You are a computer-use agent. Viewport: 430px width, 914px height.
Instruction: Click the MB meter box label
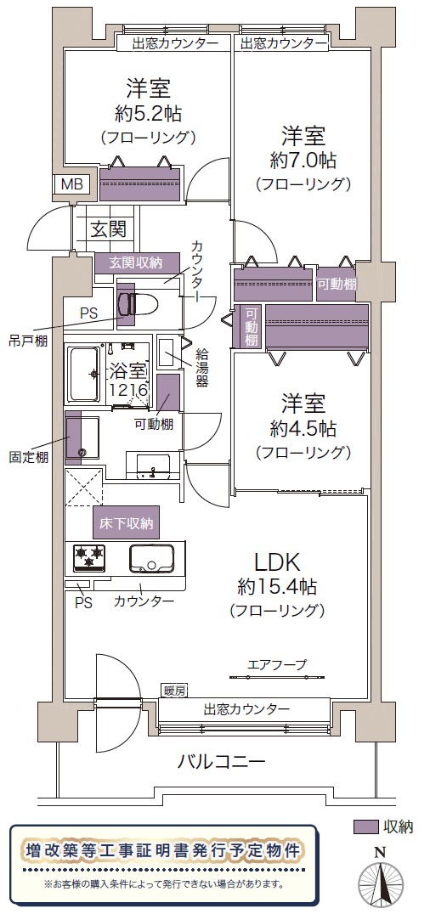(72, 184)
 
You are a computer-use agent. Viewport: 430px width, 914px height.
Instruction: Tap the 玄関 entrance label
(107, 228)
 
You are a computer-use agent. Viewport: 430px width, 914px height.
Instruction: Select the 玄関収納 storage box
(137, 262)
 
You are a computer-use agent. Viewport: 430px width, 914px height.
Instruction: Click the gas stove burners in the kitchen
(88, 556)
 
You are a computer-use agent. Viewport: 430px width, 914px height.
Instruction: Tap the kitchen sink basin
(150, 559)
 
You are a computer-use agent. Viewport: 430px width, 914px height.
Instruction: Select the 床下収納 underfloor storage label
(126, 523)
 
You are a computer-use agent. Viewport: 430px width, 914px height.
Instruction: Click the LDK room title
(276, 563)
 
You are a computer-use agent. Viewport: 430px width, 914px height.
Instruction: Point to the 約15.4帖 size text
(277, 587)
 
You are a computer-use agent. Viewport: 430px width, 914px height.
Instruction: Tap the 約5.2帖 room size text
(147, 113)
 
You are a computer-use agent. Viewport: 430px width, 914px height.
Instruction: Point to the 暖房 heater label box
(174, 691)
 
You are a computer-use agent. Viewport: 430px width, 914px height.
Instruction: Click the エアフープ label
(277, 664)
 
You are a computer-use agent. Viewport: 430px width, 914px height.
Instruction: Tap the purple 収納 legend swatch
(365, 827)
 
